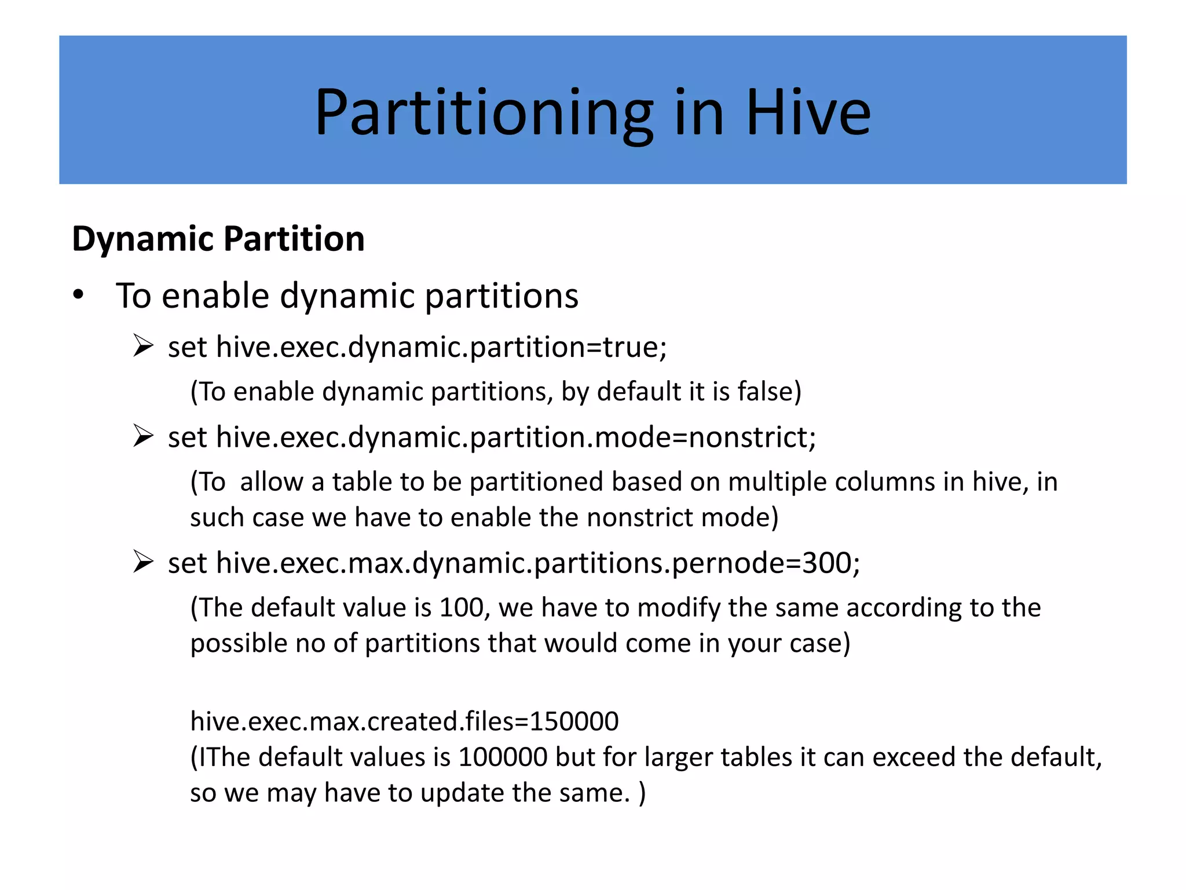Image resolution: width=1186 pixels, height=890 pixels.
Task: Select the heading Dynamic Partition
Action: coord(218,239)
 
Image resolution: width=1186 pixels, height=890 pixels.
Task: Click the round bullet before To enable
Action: coord(78,296)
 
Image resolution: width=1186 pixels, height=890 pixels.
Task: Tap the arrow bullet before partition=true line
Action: coord(142,346)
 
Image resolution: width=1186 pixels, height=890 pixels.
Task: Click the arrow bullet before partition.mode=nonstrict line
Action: coord(142,436)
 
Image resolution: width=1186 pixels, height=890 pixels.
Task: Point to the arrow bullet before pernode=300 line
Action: coord(142,561)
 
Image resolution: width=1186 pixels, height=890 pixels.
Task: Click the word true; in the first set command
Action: coord(635,347)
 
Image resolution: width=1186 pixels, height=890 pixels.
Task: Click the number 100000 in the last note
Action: coord(502,757)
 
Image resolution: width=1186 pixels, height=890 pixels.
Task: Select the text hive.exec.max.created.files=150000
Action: coord(404,721)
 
